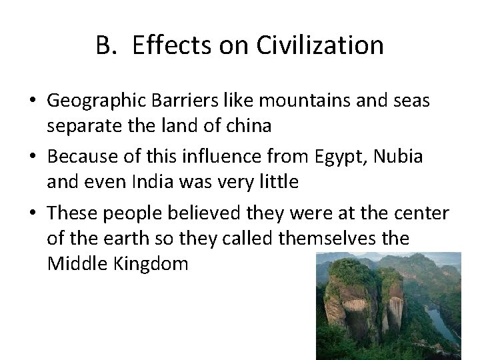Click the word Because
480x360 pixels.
(74, 158)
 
